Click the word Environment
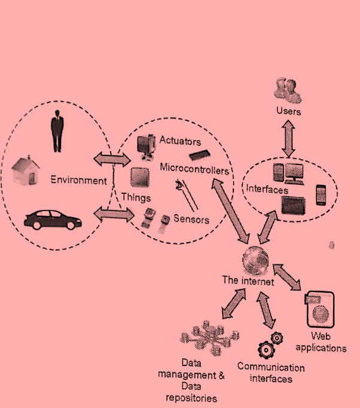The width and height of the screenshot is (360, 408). (x=78, y=180)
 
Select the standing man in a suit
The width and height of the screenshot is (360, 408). (x=57, y=131)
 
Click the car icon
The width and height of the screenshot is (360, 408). (x=53, y=220)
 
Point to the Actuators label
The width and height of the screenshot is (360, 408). (x=180, y=141)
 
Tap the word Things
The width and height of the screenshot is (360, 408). (x=136, y=198)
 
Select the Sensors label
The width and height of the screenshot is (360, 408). (x=191, y=219)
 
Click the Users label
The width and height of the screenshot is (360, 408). (x=288, y=111)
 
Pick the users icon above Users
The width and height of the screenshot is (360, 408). (x=288, y=90)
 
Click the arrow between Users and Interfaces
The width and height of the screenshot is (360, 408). (x=288, y=138)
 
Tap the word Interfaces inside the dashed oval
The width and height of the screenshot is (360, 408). (x=267, y=189)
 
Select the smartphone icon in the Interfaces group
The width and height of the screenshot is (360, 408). (x=321, y=195)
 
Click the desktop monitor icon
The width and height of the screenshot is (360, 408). (x=294, y=174)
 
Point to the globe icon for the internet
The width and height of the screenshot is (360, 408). (x=255, y=261)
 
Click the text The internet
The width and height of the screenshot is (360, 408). (x=248, y=281)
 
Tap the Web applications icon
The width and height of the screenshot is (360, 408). (x=320, y=310)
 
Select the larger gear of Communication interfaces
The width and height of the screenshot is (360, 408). (x=266, y=350)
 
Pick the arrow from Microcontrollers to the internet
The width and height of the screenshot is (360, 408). (x=230, y=211)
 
